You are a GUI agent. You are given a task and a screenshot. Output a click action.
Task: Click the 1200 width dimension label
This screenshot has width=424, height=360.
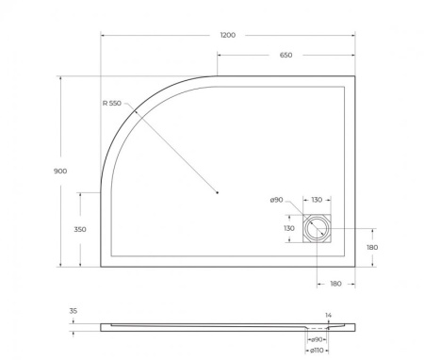pos(227,35)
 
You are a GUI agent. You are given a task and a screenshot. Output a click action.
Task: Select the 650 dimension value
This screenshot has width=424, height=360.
pos(285,55)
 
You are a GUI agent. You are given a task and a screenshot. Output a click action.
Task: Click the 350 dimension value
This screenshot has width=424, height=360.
pos(81,229)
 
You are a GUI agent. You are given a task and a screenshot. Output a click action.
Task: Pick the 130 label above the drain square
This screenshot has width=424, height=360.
pos(317,200)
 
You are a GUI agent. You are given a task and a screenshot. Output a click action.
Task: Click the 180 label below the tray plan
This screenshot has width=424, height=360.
pos(336,283)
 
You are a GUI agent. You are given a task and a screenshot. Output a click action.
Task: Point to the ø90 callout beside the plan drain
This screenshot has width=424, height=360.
pos(276,200)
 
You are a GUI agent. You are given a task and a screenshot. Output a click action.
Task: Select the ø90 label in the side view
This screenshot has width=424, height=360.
pos(318,339)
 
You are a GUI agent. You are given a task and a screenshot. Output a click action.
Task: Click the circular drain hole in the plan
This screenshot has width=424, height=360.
pos(317,228)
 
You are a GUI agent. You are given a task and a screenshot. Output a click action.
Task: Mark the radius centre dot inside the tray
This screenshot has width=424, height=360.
pos(218,193)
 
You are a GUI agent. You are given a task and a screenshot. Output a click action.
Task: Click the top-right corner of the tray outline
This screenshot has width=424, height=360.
pos(355,76)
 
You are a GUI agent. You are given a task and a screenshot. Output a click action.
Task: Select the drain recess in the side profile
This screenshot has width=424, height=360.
pos(316,331)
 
